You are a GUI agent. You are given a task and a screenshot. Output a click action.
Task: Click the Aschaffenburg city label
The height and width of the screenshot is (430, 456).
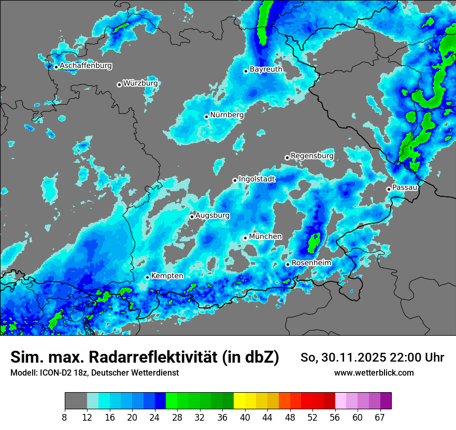(85, 66)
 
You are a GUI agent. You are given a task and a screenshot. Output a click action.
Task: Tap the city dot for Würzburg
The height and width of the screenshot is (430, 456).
(119, 84)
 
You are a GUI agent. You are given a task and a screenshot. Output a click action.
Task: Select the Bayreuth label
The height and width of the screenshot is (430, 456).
(266, 69)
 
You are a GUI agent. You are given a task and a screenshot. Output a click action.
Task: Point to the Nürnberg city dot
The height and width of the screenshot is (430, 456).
(206, 117)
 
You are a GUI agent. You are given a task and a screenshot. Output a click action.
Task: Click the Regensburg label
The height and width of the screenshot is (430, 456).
(312, 155)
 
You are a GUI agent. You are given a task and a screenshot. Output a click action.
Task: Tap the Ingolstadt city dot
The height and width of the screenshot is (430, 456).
(235, 180)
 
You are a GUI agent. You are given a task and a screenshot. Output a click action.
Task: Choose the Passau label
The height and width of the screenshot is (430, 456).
(405, 187)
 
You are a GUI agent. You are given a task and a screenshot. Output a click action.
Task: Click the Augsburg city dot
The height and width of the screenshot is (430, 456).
(192, 217)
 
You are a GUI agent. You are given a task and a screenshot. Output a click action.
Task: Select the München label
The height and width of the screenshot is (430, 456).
(265, 236)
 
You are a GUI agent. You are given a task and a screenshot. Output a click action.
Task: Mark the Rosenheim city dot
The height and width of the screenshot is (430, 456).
(288, 264)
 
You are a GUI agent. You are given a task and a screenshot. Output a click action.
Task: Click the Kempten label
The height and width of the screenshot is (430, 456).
(167, 276)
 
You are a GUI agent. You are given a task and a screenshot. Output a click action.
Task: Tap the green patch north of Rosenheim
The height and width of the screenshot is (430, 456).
(314, 241)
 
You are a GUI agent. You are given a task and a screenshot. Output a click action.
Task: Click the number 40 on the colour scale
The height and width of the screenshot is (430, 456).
(245, 418)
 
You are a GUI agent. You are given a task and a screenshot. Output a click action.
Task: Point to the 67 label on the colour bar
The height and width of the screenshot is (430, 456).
(379, 418)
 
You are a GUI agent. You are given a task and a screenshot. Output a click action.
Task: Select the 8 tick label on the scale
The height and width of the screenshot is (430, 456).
(65, 418)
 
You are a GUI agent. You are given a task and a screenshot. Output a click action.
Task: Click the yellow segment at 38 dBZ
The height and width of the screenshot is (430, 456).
(239, 401)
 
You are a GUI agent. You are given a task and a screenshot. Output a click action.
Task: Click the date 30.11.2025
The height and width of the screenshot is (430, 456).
(348, 357)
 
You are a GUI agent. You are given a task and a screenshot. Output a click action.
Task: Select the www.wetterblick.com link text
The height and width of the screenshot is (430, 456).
(374, 372)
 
